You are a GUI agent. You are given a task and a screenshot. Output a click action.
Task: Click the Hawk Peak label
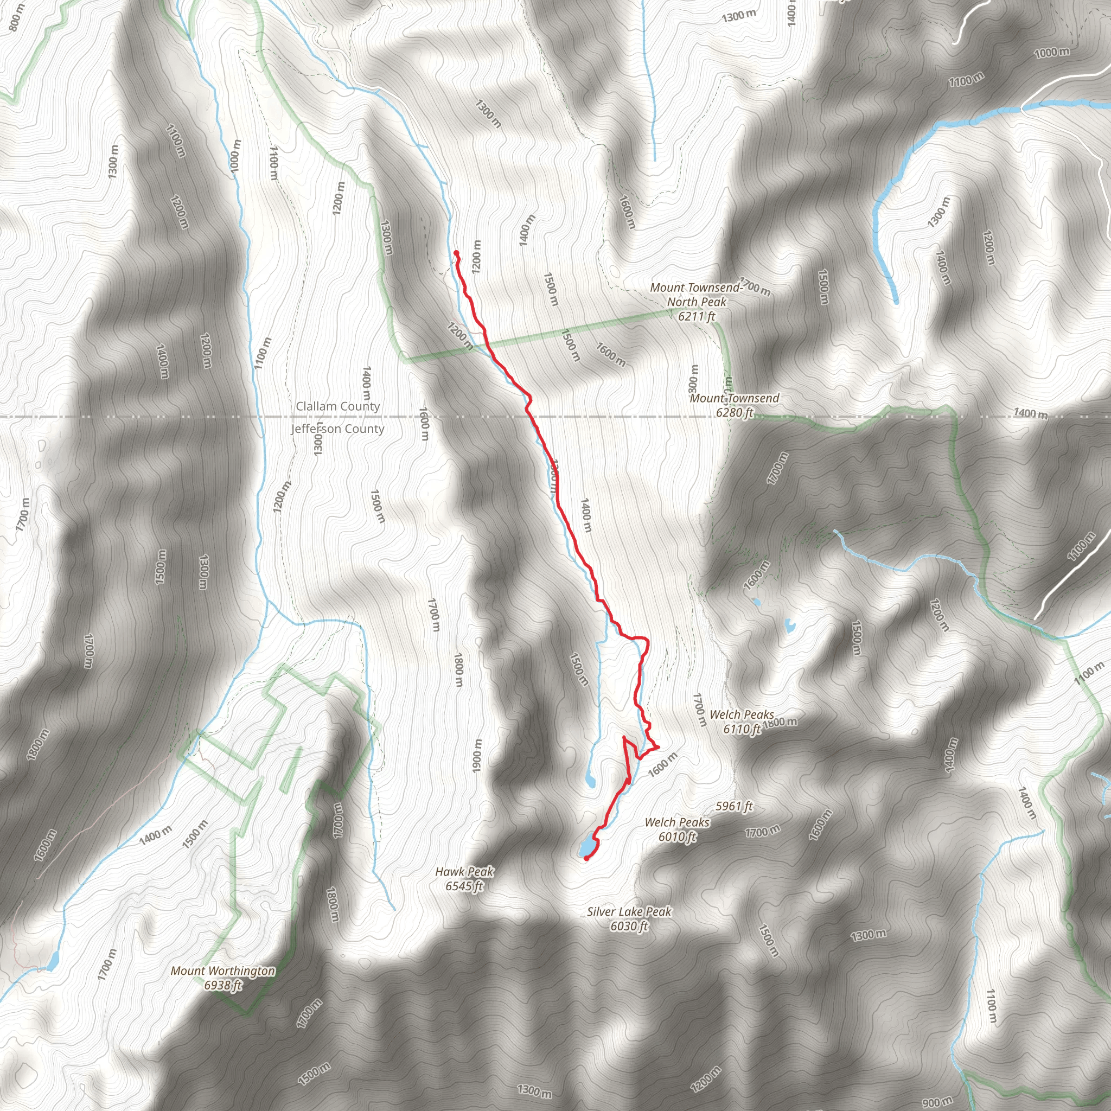[x=464, y=872]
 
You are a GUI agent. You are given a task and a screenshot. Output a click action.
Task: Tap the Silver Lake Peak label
[x=629, y=911]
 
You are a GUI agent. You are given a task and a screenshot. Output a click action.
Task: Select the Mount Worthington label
[x=223, y=970]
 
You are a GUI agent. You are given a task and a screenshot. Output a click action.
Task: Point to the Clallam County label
[x=337, y=406]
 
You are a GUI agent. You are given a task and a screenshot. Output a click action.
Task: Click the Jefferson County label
[x=337, y=429]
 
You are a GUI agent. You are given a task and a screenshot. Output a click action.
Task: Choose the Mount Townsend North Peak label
[x=697, y=295]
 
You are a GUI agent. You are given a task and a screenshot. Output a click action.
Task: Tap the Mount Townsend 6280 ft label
[x=735, y=405]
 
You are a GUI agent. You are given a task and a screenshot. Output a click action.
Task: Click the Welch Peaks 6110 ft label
[x=742, y=721]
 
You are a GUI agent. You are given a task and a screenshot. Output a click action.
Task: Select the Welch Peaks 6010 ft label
[x=677, y=829]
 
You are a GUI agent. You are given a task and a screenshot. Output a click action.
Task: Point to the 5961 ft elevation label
[x=735, y=806]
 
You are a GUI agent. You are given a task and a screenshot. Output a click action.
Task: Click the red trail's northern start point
[x=456, y=253]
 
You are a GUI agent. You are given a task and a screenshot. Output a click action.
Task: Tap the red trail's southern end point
[x=586, y=859]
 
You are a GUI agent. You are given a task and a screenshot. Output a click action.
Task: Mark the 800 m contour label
[x=17, y=17]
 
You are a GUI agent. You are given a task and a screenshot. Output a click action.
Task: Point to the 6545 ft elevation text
[x=464, y=886]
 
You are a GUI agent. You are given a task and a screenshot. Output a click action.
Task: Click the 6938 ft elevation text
[x=223, y=985]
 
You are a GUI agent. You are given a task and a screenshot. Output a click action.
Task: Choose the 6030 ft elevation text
[x=629, y=926]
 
